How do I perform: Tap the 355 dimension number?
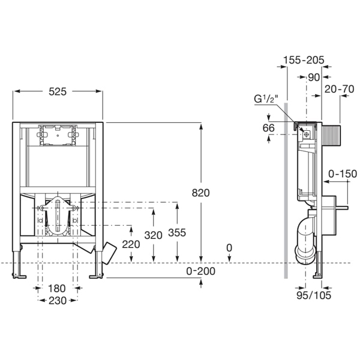(177, 233)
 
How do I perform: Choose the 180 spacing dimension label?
(58, 288)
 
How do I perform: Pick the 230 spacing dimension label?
(58, 299)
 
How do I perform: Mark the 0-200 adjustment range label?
(200, 271)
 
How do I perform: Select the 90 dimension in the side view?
(314, 76)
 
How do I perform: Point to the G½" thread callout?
(265, 99)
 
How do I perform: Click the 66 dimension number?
(268, 127)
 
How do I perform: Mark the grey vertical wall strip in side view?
(287, 192)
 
